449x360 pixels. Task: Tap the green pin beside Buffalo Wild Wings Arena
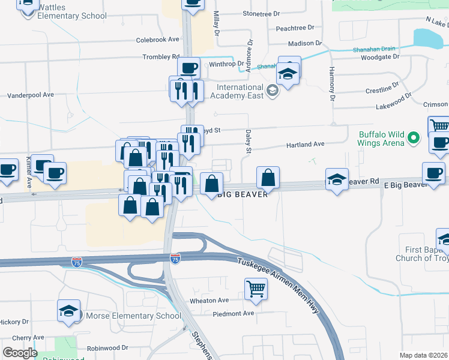point(413,139)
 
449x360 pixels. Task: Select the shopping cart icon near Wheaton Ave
point(256,289)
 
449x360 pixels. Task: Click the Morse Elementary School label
point(133,316)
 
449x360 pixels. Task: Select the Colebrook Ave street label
point(158,40)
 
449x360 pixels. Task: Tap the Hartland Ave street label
point(305,144)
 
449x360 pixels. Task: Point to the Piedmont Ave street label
point(234,313)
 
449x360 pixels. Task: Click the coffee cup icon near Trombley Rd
point(188,67)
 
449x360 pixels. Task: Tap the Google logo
point(20,353)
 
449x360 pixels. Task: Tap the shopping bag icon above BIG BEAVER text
point(268,177)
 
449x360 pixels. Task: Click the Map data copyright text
point(424,355)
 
